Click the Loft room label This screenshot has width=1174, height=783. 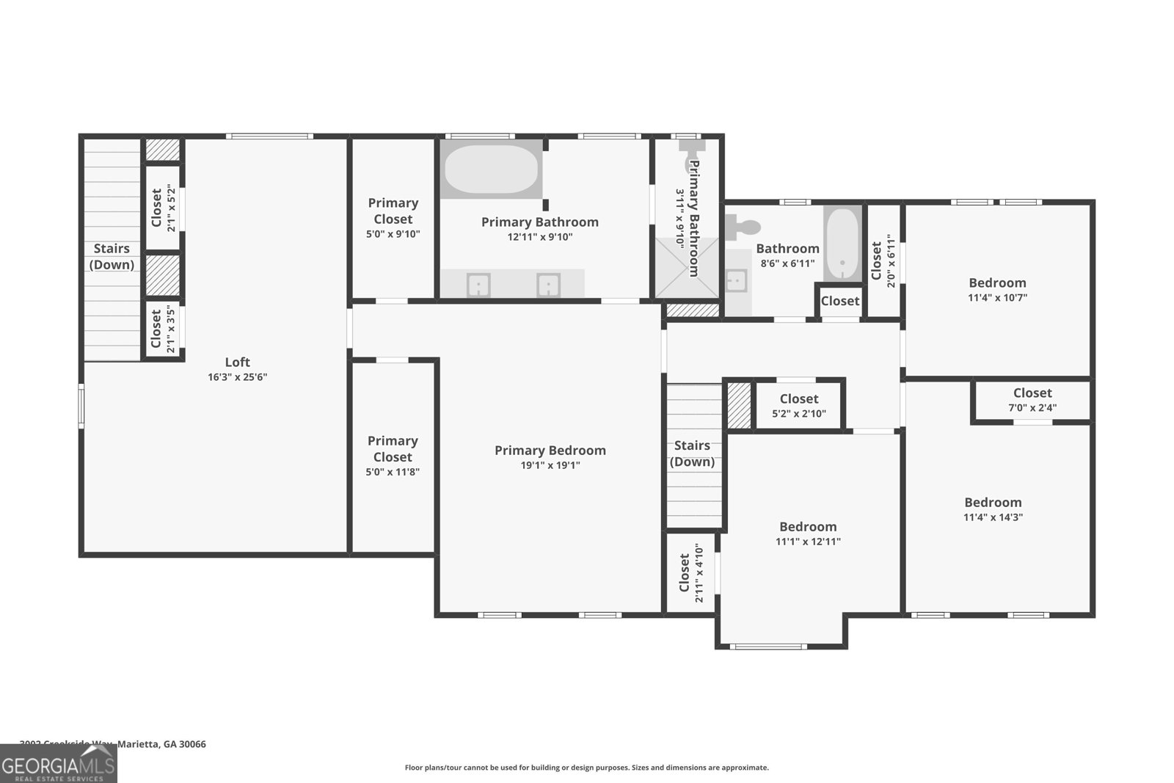pyautogui.click(x=237, y=362)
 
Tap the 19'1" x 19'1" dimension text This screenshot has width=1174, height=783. pyautogui.click(x=550, y=465)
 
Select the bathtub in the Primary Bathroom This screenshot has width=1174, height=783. pyautogui.click(x=491, y=169)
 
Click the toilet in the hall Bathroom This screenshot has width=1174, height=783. pyautogui.click(x=740, y=226)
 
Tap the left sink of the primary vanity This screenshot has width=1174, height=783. pyautogui.click(x=478, y=284)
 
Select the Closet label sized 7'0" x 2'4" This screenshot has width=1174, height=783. pyautogui.click(x=1032, y=393)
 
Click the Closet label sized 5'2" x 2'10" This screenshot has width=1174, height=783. pyautogui.click(x=799, y=398)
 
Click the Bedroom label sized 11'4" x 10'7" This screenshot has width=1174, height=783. pyautogui.click(x=997, y=283)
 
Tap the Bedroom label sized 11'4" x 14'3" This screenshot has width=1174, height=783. pyautogui.click(x=993, y=502)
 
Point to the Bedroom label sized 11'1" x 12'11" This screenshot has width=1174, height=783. pyautogui.click(x=808, y=526)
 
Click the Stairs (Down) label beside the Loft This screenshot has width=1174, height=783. pyautogui.click(x=112, y=256)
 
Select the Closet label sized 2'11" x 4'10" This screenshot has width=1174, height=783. pyautogui.click(x=685, y=573)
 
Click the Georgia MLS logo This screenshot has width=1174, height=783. pyautogui.click(x=58, y=764)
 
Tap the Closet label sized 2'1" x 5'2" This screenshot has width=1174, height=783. pyautogui.click(x=156, y=208)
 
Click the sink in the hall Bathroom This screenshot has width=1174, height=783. pyautogui.click(x=736, y=281)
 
